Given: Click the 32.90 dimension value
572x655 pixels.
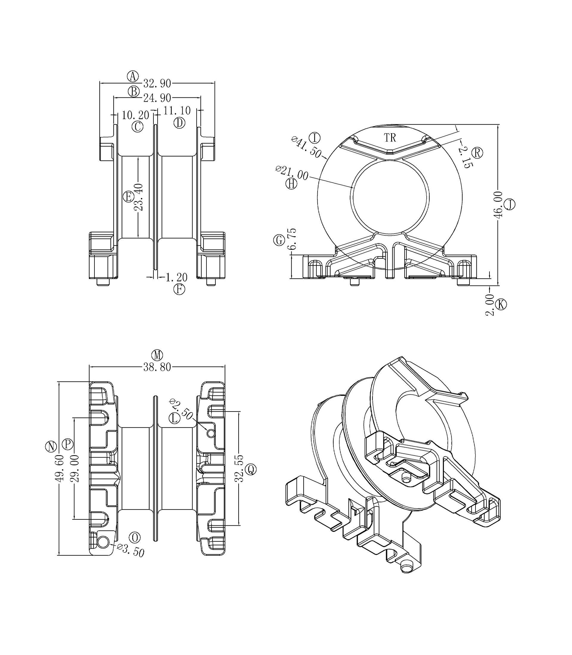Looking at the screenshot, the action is (157, 84).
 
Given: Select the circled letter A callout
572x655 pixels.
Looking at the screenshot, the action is (133, 77).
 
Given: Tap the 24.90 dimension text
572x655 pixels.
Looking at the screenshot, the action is (157, 98).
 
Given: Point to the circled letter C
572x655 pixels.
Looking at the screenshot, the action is (138, 127).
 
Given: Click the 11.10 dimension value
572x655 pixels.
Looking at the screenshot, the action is (177, 111).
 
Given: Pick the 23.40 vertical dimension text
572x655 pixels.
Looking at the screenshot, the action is (139, 197).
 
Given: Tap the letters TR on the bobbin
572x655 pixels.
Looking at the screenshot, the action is (390, 138).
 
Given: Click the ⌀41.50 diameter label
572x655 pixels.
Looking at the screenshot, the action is (307, 147).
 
